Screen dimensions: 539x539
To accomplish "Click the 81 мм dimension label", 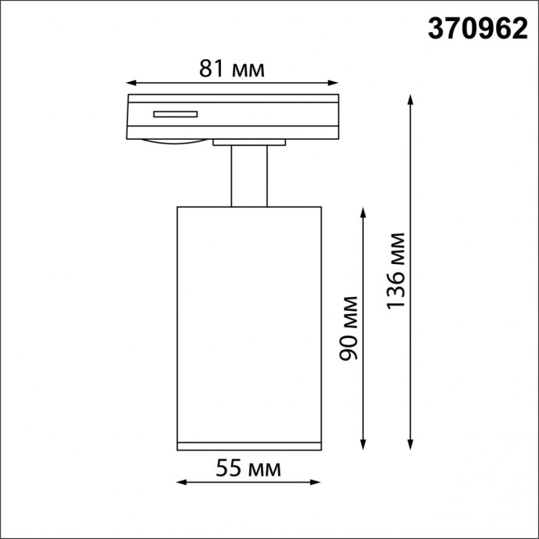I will (232, 69).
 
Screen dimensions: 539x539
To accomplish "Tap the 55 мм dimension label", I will (248, 469).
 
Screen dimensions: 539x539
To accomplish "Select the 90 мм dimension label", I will (350, 327).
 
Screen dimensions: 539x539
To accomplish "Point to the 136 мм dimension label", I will (397, 270).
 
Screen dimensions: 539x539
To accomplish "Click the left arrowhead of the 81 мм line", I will (131, 81).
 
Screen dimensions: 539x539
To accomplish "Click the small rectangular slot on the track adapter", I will (176, 115).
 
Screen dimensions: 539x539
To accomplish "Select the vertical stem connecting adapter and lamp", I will (249, 176).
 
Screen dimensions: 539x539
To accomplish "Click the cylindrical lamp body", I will (249, 320).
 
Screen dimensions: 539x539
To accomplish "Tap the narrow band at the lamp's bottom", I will (249, 446).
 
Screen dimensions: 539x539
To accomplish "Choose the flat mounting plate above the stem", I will (249, 143).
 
